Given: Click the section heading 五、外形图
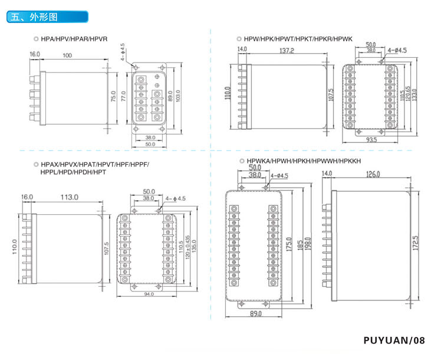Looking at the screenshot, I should coord(34,17).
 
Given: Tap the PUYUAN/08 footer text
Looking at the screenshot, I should coord(394,341).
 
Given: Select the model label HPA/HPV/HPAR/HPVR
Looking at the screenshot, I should coord(74,38).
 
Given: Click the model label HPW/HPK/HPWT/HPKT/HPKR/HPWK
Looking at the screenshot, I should coord(293,39).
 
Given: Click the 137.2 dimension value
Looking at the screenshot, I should coord(287,51).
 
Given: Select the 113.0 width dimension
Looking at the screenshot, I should coord(68,197).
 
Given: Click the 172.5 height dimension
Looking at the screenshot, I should coord(416,241).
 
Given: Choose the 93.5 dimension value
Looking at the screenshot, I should coord(371,140).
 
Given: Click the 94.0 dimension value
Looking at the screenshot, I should coord(148,294).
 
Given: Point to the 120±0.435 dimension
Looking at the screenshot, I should coord(187,245).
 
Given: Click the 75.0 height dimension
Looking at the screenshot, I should coord(113,96).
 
